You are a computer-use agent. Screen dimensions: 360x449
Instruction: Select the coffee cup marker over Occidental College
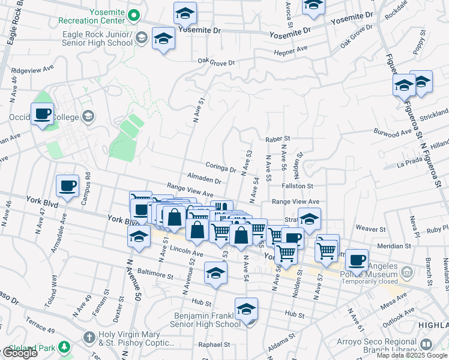42,114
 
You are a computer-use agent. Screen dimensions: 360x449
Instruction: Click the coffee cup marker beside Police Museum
357,259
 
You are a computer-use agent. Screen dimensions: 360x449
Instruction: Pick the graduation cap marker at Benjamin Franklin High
246,309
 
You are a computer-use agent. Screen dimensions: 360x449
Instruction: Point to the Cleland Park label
33,347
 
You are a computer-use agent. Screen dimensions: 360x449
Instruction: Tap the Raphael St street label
214,344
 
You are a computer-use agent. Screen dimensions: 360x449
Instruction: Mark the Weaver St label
370,229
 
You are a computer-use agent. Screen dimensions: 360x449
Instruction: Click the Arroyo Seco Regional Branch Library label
385,347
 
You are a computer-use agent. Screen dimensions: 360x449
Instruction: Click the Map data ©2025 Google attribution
412,355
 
